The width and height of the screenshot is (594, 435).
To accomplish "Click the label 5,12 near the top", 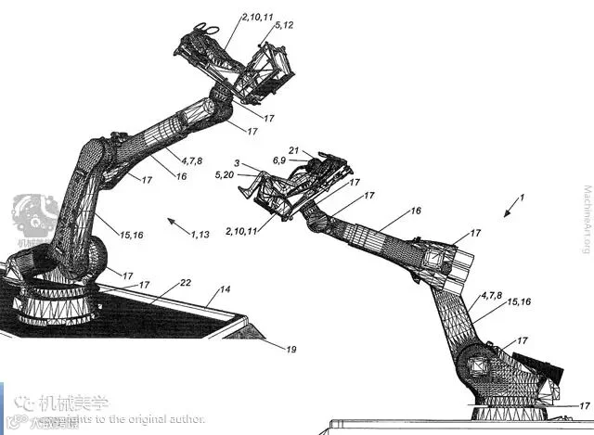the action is (x=282, y=25).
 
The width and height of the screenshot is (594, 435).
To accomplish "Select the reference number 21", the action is (x=293, y=151).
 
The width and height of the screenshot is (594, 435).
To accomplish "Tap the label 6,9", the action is (x=279, y=160).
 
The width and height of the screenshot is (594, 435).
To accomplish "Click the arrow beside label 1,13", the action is (x=178, y=224).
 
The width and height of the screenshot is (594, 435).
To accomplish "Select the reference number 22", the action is (x=186, y=283).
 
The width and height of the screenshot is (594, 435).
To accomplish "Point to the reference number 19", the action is (x=291, y=350).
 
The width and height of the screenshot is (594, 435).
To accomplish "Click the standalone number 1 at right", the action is (x=522, y=198).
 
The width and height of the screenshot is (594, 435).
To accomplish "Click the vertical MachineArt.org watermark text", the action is (x=584, y=219).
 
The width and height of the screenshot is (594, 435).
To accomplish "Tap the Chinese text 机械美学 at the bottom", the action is (x=74, y=403).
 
